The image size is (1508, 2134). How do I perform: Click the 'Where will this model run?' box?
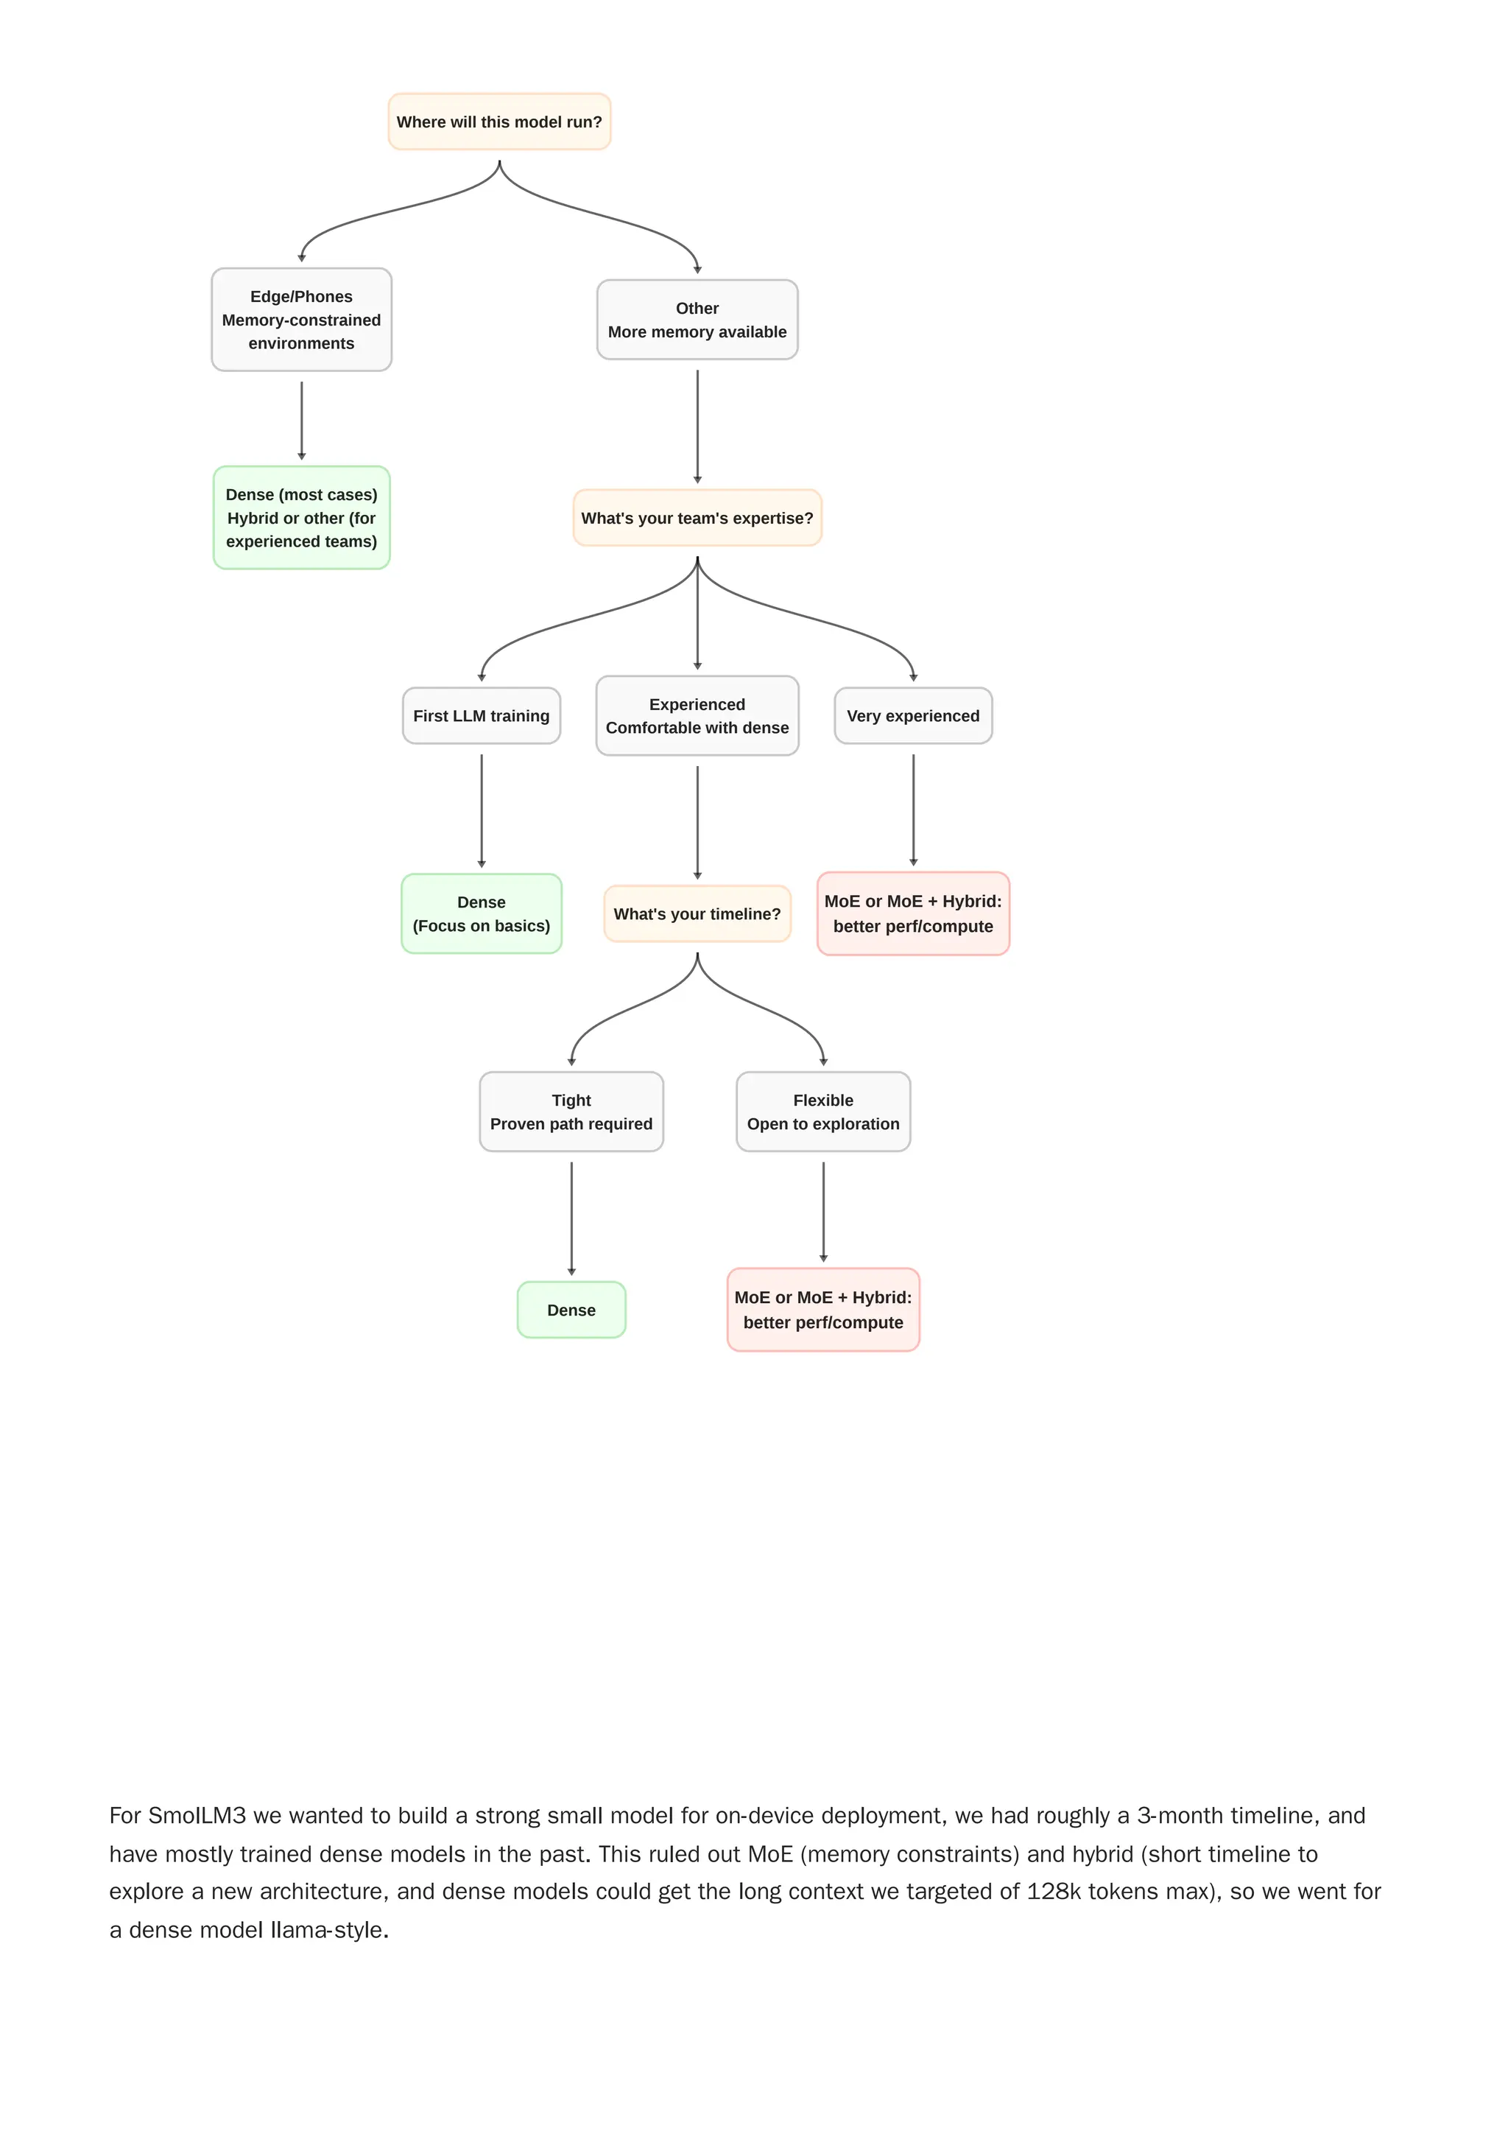(x=499, y=122)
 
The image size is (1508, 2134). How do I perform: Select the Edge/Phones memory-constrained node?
(x=301, y=320)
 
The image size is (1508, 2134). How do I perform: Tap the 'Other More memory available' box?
(x=697, y=320)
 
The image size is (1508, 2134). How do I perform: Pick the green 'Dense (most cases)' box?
(x=301, y=518)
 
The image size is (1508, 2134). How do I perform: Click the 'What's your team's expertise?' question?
(x=697, y=518)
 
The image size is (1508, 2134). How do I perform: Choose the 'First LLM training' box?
(x=482, y=716)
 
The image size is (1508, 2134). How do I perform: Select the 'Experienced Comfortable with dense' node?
(x=697, y=716)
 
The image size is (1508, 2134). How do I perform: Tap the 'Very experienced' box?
(x=912, y=716)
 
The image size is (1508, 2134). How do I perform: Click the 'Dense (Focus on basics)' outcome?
(x=482, y=913)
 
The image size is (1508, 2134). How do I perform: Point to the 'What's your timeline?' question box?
(x=697, y=913)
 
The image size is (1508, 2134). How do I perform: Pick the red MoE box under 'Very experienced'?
(x=912, y=913)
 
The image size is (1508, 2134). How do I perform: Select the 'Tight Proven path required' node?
(x=571, y=1112)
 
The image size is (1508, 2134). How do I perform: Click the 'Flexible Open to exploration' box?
(x=823, y=1112)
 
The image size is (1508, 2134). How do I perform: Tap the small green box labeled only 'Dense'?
(x=571, y=1310)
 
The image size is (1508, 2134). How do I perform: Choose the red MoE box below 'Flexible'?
(x=823, y=1310)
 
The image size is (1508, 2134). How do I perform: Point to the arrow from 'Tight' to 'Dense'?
(x=571, y=1218)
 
